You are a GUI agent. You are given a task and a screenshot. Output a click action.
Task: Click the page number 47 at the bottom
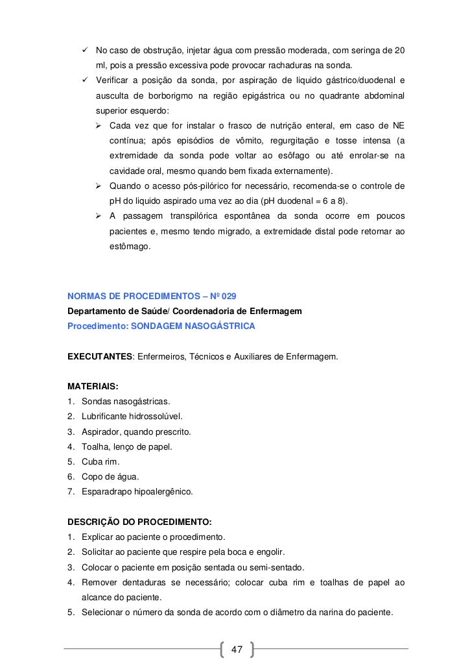pyautogui.click(x=236, y=650)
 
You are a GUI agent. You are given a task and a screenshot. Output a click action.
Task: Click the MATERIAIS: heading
pyautogui.click(x=88, y=386)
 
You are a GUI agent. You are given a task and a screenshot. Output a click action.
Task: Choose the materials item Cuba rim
pyautogui.click(x=101, y=461)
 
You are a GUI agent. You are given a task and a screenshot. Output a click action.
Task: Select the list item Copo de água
pyautogui.click(x=110, y=476)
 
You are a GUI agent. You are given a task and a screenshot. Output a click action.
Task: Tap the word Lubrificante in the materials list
pyautogui.click(x=107, y=416)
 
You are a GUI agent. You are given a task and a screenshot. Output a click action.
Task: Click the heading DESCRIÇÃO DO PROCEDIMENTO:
pyautogui.click(x=139, y=522)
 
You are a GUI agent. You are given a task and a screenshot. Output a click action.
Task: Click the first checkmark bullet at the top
pyautogui.click(x=84, y=51)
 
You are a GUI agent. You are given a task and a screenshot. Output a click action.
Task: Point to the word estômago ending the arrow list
pyautogui.click(x=129, y=247)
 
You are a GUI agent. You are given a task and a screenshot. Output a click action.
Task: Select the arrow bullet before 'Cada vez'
pyautogui.click(x=100, y=125)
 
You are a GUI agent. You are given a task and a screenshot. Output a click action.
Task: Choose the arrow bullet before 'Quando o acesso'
pyautogui.click(x=100, y=186)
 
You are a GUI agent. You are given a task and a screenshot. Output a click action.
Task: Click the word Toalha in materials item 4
pyautogui.click(x=95, y=446)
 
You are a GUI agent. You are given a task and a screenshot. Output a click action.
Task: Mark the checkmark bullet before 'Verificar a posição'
pyautogui.click(x=84, y=80)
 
